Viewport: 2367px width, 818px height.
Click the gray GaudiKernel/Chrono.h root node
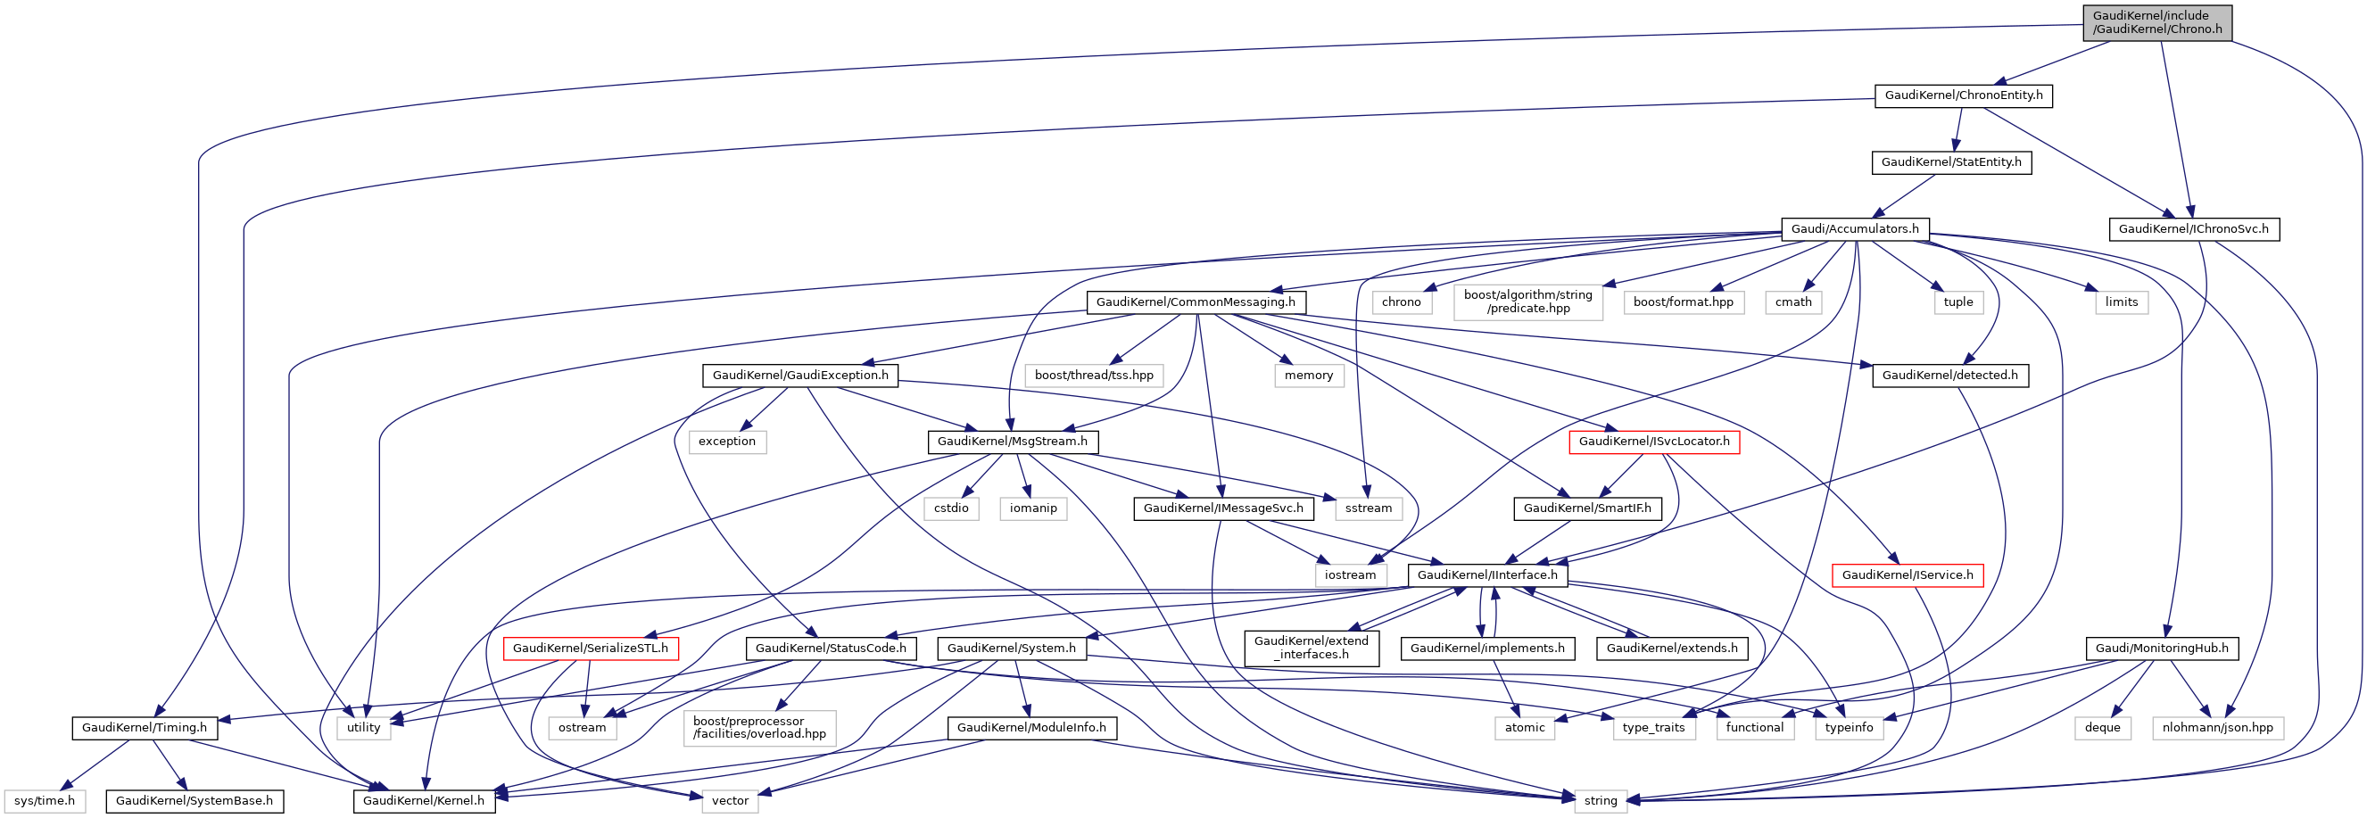[x=2156, y=22]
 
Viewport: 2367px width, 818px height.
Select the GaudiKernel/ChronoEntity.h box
[x=1963, y=95]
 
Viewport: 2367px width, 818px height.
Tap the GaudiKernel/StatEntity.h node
[x=1950, y=162]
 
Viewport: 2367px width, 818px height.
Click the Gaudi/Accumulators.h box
[x=1854, y=229]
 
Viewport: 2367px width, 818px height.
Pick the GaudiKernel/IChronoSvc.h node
[x=2192, y=229]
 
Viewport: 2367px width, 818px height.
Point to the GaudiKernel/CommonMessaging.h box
[x=1195, y=302]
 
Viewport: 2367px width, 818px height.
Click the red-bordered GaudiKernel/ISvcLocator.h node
[x=1653, y=442]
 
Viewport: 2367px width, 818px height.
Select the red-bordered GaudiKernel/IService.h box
[x=1907, y=575]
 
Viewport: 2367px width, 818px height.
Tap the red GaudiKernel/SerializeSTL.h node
[x=590, y=649]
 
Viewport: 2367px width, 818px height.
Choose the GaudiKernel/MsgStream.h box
[x=1012, y=442]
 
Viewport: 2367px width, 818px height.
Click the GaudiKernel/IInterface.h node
[x=1486, y=575]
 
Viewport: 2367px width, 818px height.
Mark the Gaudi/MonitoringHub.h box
[x=2161, y=649]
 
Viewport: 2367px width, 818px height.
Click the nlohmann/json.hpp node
[x=2216, y=728]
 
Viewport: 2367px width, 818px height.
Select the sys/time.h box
[x=44, y=801]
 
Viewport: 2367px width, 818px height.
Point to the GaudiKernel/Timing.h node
[x=145, y=728]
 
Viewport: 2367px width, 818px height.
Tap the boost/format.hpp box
[x=1683, y=302]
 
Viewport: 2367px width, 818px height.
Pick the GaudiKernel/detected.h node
[x=1949, y=376]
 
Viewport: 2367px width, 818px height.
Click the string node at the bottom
[x=1600, y=801]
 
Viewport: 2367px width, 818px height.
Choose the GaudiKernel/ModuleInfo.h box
[x=1031, y=728]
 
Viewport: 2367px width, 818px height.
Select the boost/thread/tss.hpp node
[x=1094, y=376]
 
